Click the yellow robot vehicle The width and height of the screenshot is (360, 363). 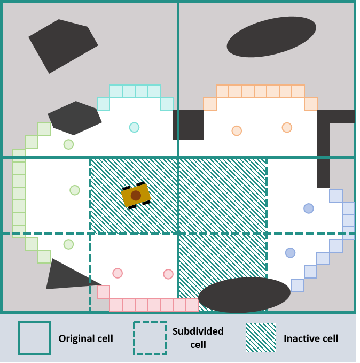136,196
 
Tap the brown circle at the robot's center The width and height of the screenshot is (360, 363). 136,196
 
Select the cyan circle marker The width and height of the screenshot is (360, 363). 134,127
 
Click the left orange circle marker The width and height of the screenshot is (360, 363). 237,130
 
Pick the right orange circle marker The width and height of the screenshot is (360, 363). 287,127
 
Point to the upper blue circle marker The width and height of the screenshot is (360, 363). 309,208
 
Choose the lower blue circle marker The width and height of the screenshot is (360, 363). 290,252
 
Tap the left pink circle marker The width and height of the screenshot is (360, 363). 118,273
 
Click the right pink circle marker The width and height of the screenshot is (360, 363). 168,274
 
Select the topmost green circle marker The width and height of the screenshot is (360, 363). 68,144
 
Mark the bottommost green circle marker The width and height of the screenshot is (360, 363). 68,244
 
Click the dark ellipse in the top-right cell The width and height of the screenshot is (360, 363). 271,36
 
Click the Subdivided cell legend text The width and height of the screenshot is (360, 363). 198,337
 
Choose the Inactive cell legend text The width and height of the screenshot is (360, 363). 311,338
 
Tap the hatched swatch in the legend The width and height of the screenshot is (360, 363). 261,338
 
